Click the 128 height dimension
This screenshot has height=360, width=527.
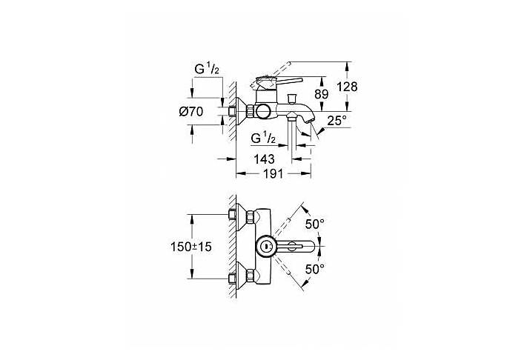[348, 87]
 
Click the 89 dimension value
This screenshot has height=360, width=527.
[321, 94]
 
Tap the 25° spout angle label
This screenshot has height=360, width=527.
[337, 121]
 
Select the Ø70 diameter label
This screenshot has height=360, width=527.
[191, 112]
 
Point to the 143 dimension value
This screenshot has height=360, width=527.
[264, 159]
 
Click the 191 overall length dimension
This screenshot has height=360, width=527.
[273, 173]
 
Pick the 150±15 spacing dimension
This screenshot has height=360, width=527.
[191, 247]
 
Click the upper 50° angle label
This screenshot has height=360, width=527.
[315, 224]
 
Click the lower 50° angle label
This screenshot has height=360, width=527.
[315, 269]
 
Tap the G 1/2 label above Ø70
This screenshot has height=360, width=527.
[207, 69]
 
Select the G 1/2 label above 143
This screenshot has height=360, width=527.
[264, 138]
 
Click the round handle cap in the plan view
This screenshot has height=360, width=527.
[266, 246]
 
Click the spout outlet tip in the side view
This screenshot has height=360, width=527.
[311, 120]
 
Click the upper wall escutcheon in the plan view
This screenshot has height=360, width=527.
[241, 216]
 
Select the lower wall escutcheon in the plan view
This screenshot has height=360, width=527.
[241, 276]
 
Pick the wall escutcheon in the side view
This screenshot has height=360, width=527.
[241, 112]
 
